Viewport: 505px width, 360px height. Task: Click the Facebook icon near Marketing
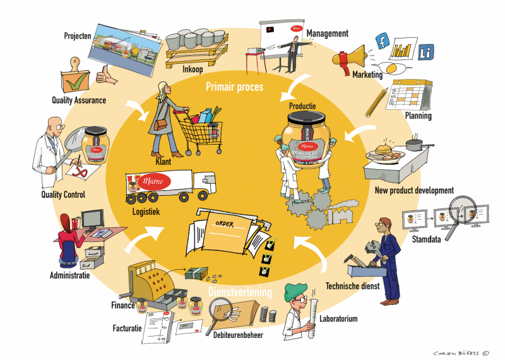(x=381, y=42)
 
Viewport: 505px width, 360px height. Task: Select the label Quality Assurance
(x=79, y=99)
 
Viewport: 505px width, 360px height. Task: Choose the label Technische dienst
(x=351, y=285)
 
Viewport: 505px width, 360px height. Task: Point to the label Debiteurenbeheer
(x=238, y=335)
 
